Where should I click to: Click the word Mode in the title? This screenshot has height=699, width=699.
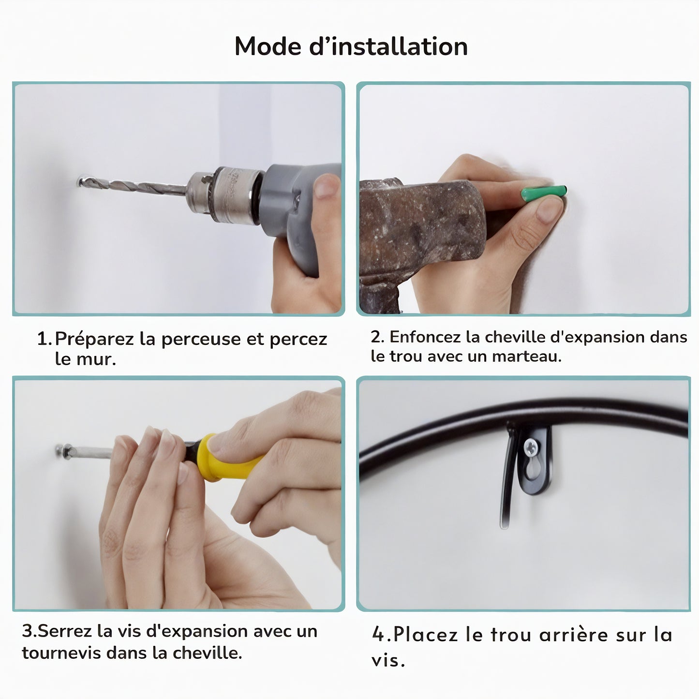268,46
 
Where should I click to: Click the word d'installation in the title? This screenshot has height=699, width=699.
388,46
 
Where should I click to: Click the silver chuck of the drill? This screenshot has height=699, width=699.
225,194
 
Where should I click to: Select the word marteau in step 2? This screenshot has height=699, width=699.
527,357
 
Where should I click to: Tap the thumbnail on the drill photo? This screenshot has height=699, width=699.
326,186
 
